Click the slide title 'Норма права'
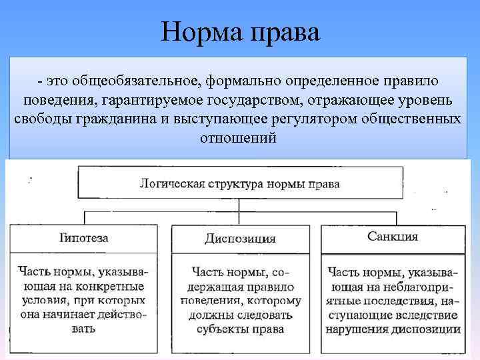[x=241, y=31]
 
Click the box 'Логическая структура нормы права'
[x=240, y=183]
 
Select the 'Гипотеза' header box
[x=84, y=238]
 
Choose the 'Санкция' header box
[x=393, y=237]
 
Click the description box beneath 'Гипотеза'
[x=84, y=303]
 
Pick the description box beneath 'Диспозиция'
[x=240, y=303]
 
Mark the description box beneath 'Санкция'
[x=393, y=303]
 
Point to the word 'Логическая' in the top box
[x=166, y=183]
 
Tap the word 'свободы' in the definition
[x=37, y=119]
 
